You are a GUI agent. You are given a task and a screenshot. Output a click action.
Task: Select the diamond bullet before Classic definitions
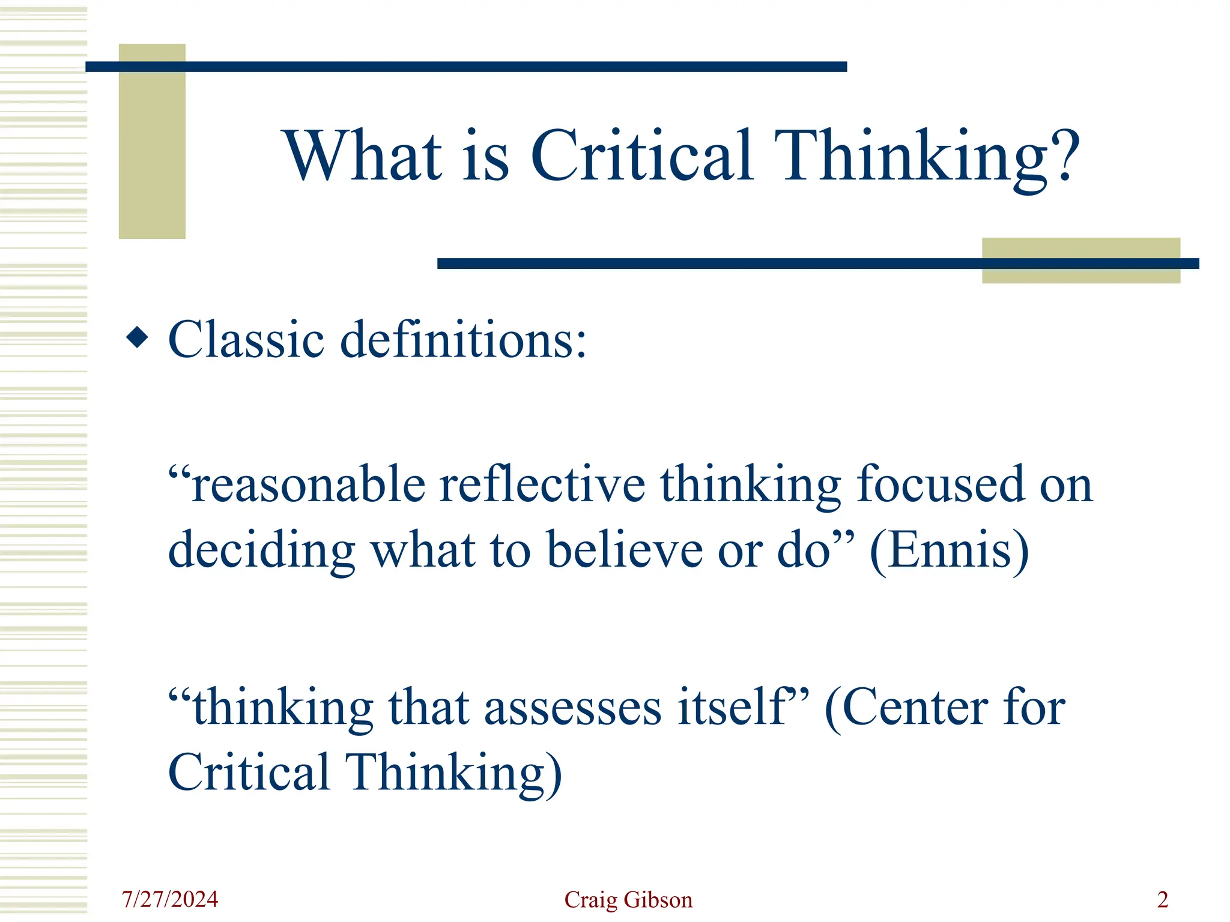coord(138,337)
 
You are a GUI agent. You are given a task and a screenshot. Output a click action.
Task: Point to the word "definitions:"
coord(463,340)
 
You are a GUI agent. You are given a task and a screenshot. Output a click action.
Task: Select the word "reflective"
coord(542,485)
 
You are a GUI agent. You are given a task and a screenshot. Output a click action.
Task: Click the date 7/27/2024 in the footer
coord(170,899)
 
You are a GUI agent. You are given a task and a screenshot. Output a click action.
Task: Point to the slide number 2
coord(1163,899)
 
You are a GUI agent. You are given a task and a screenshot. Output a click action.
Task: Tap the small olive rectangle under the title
coord(1080,273)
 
